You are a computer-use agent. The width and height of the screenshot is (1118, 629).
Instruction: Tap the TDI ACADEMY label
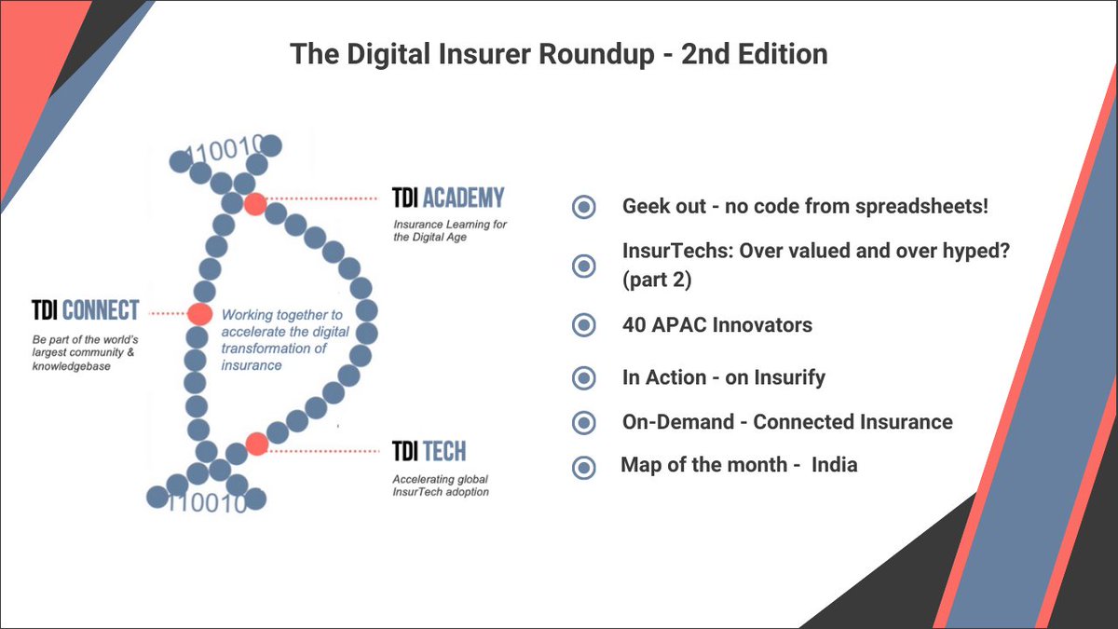448,198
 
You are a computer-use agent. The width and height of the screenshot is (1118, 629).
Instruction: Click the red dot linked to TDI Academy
254,204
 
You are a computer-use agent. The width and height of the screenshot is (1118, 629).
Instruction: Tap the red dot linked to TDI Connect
199,314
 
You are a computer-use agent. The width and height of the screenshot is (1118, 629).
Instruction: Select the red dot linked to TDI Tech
256,444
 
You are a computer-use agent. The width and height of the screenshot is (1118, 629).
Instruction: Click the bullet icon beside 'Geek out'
583,207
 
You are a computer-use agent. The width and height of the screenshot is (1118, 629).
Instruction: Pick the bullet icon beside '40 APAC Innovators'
583,325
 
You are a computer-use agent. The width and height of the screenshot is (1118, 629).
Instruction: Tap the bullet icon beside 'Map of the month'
583,467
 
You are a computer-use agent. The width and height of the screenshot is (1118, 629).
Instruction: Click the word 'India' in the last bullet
834,464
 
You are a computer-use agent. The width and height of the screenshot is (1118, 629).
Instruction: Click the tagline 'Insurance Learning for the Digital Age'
443,230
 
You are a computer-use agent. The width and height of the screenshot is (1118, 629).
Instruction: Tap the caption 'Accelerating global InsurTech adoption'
440,485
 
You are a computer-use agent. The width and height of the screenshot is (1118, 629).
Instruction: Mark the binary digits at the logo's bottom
210,503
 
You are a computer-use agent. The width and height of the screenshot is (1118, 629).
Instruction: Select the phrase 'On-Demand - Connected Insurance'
787,422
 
